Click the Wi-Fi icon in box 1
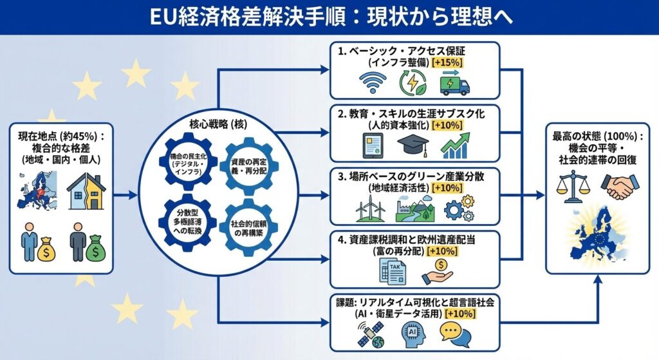371,83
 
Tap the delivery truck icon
456,83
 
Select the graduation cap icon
413,146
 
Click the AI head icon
411,332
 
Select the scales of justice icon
571,186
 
